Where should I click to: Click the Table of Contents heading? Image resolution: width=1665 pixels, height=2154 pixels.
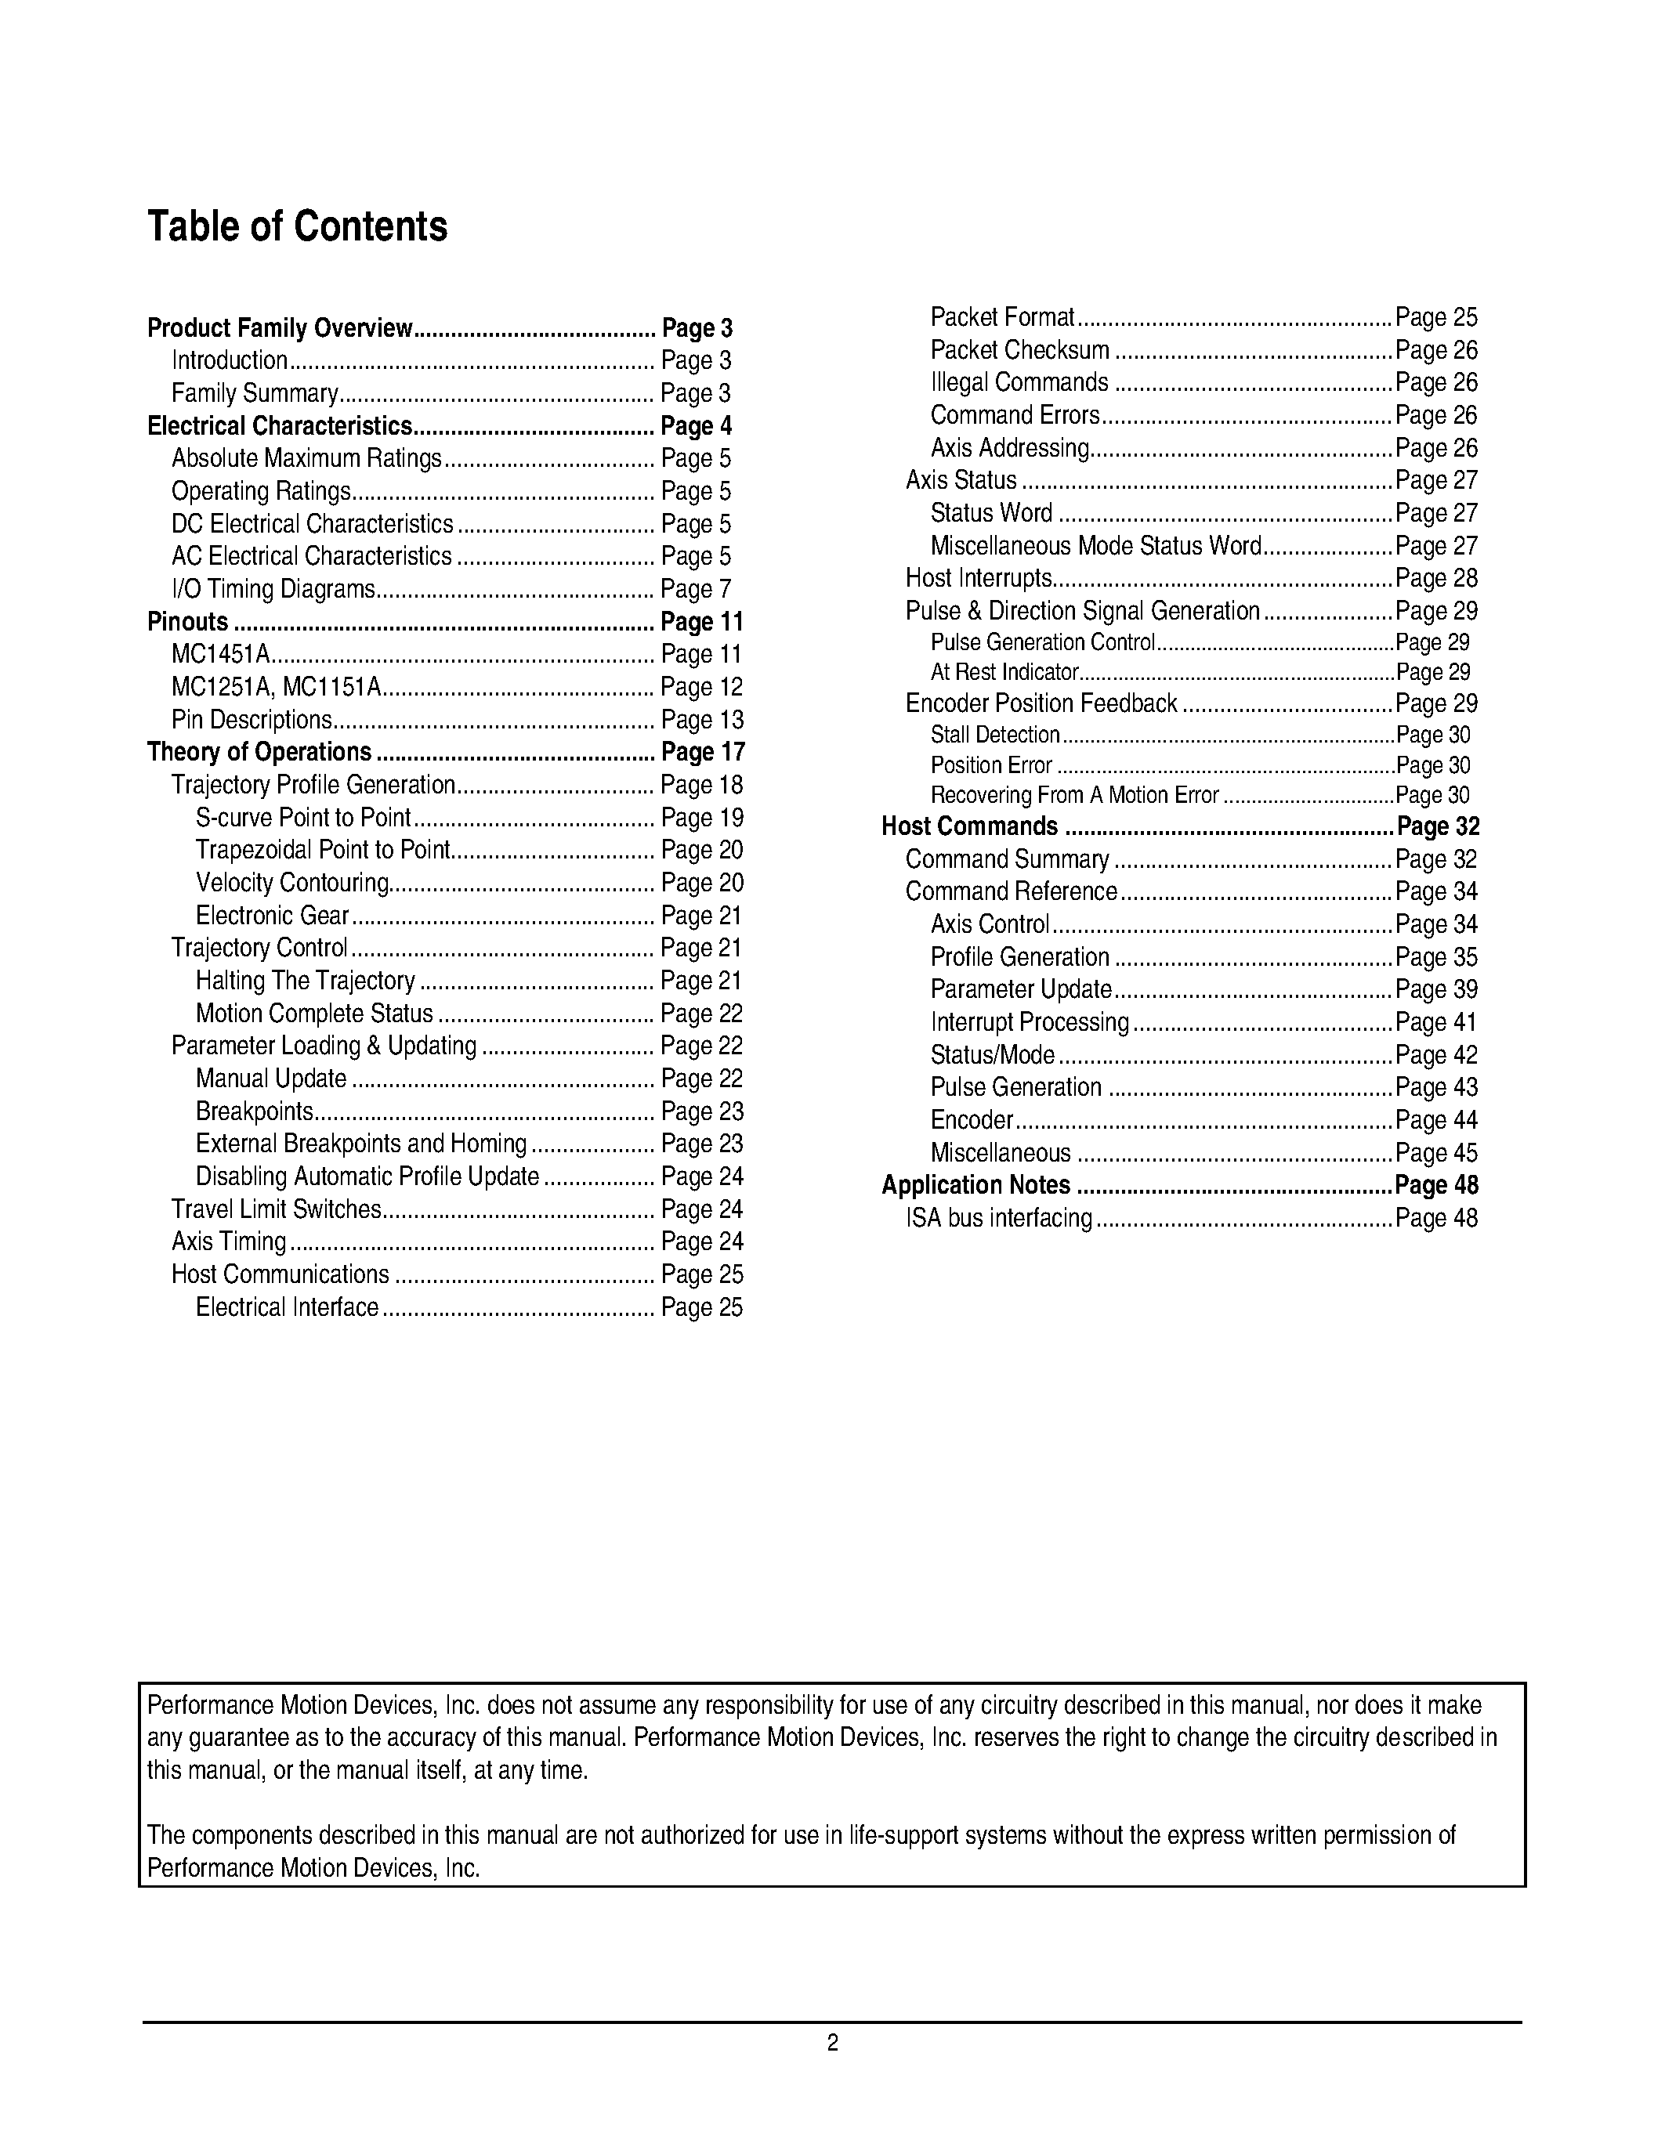tap(297, 227)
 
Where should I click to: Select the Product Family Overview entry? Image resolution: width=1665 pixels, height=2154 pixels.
tap(279, 328)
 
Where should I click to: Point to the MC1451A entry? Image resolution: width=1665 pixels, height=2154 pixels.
tap(221, 655)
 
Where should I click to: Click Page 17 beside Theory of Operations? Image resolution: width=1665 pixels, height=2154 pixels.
tap(702, 753)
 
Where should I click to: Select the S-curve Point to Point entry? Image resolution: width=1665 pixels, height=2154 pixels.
tap(302, 819)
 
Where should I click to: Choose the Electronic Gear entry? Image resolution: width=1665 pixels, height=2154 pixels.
tap(272, 916)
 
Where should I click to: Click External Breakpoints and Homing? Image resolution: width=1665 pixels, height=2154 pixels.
tap(361, 1144)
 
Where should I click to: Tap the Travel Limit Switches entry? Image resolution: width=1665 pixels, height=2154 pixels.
tap(276, 1210)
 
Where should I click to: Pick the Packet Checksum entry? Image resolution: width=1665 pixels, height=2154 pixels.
tap(1020, 351)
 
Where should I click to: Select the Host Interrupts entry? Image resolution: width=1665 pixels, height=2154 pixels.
tap(979, 579)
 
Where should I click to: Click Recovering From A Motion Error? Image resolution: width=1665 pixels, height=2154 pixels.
tap(1074, 796)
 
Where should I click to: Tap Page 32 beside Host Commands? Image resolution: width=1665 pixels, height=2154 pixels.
tap(1437, 826)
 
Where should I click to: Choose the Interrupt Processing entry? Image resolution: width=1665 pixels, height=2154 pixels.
tap(1030, 1023)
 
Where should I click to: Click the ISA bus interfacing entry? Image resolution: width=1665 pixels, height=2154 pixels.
tap(998, 1219)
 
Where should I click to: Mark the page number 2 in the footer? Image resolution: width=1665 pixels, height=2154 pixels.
tap(832, 2043)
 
